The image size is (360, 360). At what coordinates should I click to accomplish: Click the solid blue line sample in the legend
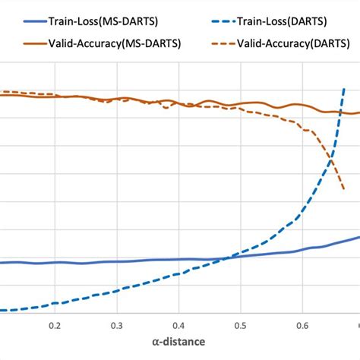tap(20, 25)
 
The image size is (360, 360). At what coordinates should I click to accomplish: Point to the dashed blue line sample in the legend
tap(212, 25)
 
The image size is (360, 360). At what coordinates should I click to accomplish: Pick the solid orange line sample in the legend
tap(20, 43)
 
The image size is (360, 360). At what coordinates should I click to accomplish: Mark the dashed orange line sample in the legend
tap(212, 43)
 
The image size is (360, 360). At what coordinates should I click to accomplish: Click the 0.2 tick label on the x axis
tap(54, 324)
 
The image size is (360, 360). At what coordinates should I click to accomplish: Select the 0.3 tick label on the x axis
tap(116, 324)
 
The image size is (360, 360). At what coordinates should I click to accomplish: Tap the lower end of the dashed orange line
tap(344, 190)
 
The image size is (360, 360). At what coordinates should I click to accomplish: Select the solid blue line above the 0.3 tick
tap(116, 261)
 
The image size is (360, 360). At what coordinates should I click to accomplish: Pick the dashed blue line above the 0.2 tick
tap(54, 305)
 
